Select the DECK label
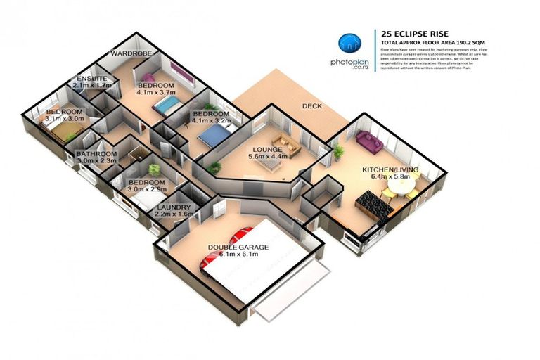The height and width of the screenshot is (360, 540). click(x=311, y=106)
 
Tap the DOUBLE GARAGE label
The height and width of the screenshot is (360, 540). click(x=233, y=247)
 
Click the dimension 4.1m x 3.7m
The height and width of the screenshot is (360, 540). click(x=155, y=91)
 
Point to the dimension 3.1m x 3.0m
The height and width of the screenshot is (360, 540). click(x=64, y=119)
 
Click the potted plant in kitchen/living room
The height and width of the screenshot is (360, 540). click(x=338, y=150)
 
